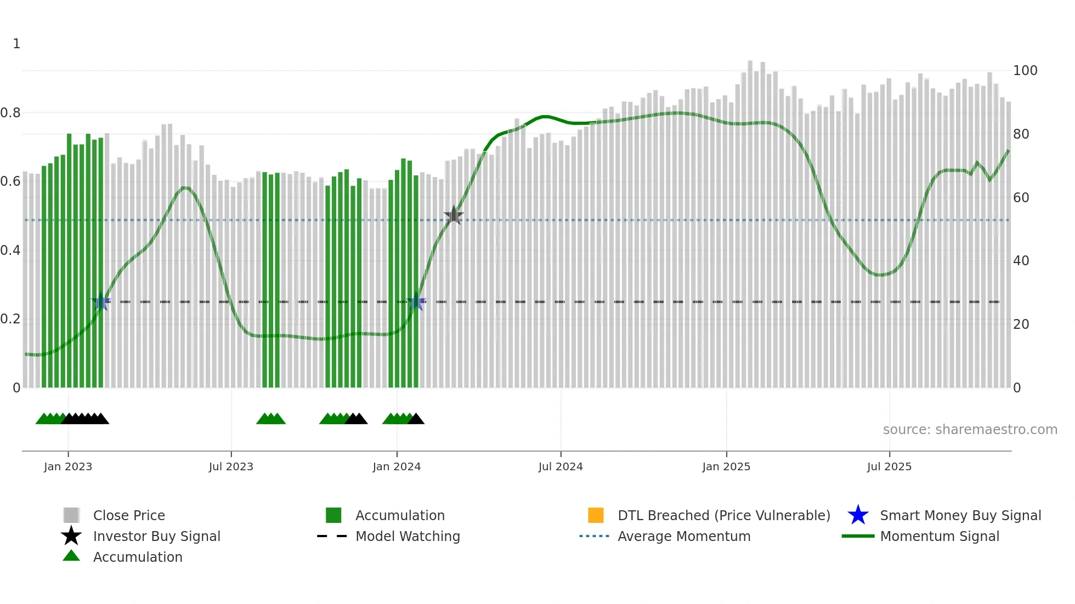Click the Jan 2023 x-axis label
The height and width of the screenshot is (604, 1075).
pyautogui.click(x=68, y=466)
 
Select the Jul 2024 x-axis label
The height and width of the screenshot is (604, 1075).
pyautogui.click(x=561, y=466)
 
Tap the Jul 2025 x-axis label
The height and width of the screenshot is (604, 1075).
pyautogui.click(x=889, y=466)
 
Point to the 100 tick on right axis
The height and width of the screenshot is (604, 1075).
pyautogui.click(x=1025, y=71)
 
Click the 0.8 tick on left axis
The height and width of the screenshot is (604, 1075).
pyautogui.click(x=10, y=113)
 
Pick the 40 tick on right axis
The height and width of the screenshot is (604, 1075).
pyautogui.click(x=1021, y=261)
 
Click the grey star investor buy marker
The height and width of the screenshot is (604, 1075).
pyautogui.click(x=454, y=215)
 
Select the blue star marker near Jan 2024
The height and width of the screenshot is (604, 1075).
pyautogui.click(x=416, y=302)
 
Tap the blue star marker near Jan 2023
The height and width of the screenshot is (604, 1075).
pyautogui.click(x=101, y=302)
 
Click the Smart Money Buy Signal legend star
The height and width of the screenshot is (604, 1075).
pyautogui.click(x=858, y=515)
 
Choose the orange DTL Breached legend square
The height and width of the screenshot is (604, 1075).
pyautogui.click(x=596, y=515)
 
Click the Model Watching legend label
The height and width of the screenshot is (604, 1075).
pyautogui.click(x=408, y=536)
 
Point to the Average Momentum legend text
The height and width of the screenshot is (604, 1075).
pyautogui.click(x=684, y=536)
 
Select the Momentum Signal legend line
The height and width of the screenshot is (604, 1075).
pyautogui.click(x=858, y=536)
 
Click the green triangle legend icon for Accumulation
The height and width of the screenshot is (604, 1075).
pyautogui.click(x=71, y=556)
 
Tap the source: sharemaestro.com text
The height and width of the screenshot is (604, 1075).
pyautogui.click(x=970, y=430)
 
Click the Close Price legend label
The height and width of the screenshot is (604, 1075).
pyautogui.click(x=129, y=515)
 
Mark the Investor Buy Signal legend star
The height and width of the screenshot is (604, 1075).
pyautogui.click(x=71, y=536)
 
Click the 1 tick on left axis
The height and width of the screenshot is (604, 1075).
pyautogui.click(x=16, y=44)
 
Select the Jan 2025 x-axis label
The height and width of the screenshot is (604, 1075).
pyautogui.click(x=726, y=466)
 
